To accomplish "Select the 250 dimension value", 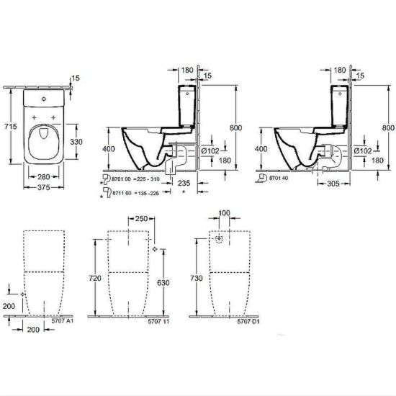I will point(141,218).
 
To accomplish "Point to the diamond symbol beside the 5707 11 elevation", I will point(155,250).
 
